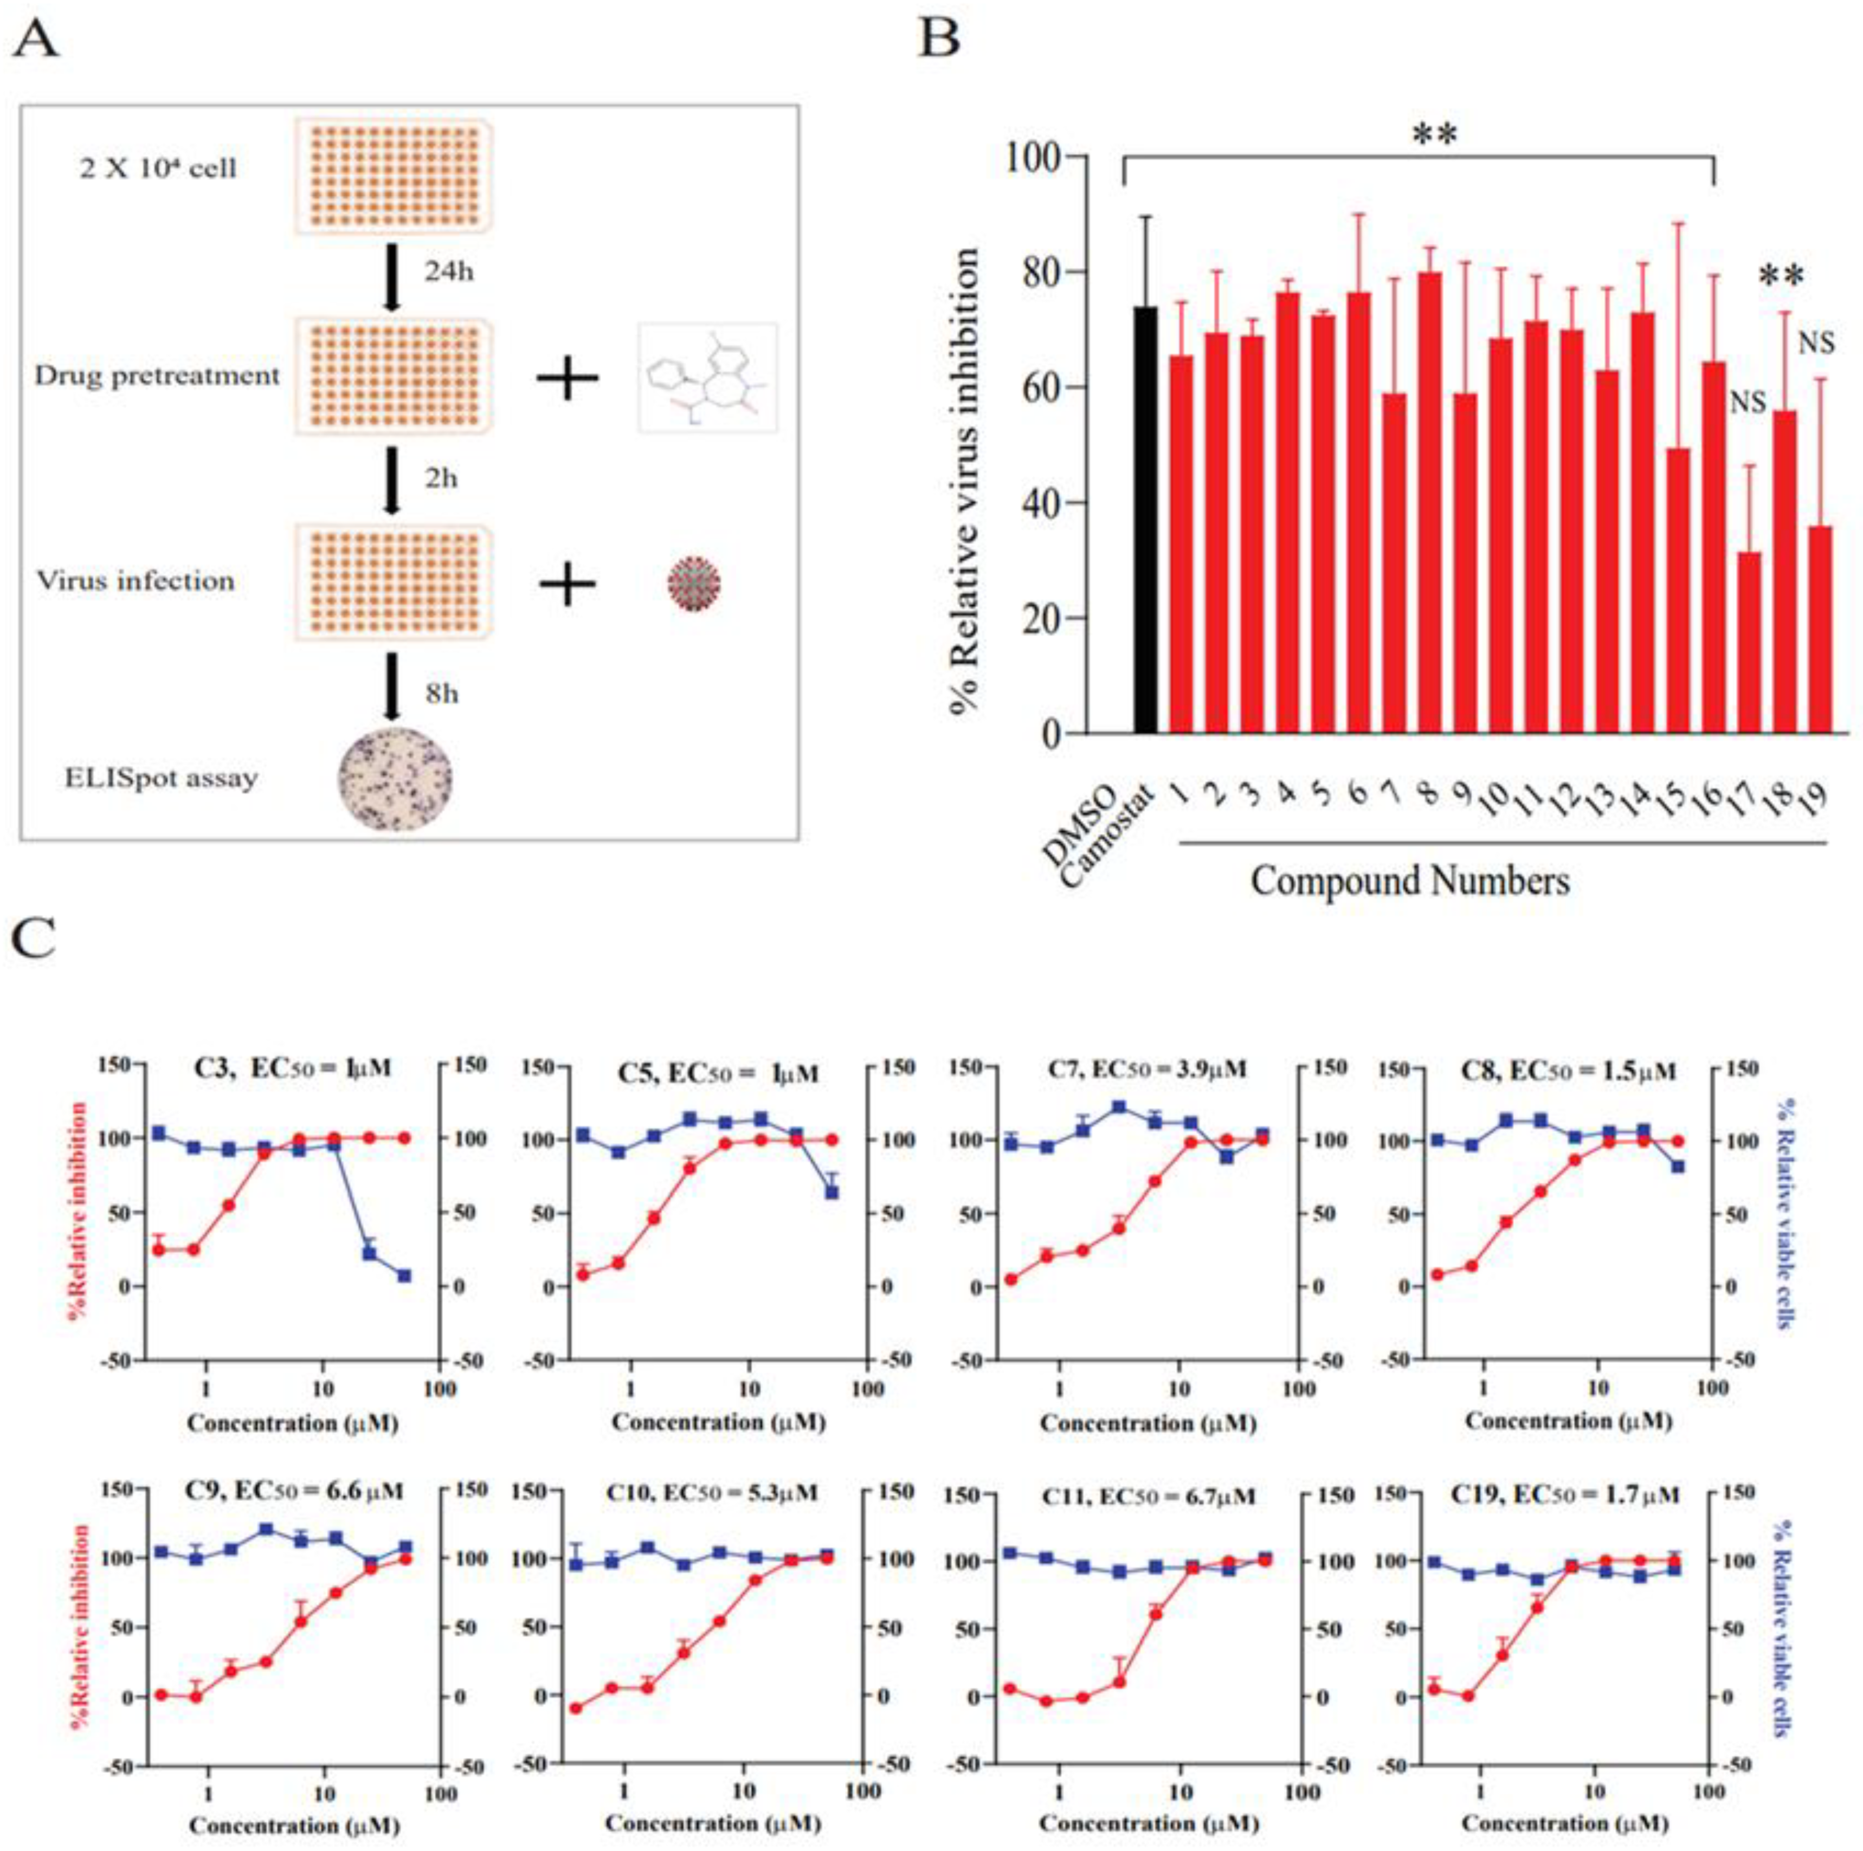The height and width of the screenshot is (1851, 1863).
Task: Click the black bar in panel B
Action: click(x=1145, y=521)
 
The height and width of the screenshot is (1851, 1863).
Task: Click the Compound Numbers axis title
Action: click(x=1410, y=880)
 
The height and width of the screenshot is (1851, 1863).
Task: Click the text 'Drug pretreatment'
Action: click(x=157, y=376)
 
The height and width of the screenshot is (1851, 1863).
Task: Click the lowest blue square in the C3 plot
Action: click(x=404, y=1276)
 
